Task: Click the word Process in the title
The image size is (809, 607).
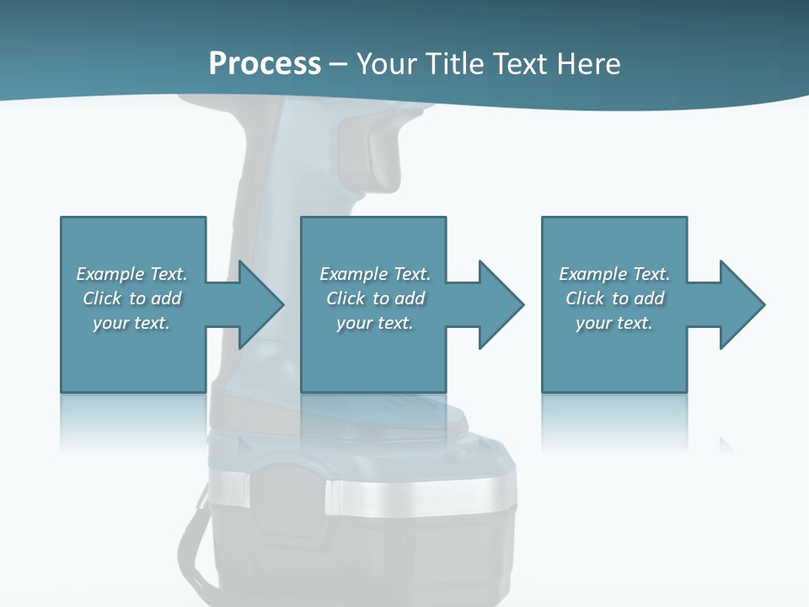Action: click(265, 64)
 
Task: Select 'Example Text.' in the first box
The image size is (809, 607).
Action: click(131, 274)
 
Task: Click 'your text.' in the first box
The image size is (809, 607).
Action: click(131, 323)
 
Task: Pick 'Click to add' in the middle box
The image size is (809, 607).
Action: click(375, 298)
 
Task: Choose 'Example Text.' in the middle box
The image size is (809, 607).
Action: click(375, 274)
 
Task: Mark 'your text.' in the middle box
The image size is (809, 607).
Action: click(375, 323)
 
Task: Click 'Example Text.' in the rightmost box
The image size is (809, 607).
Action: click(614, 274)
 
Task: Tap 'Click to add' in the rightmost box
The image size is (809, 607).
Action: click(614, 298)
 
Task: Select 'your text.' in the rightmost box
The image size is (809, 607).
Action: click(614, 323)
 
